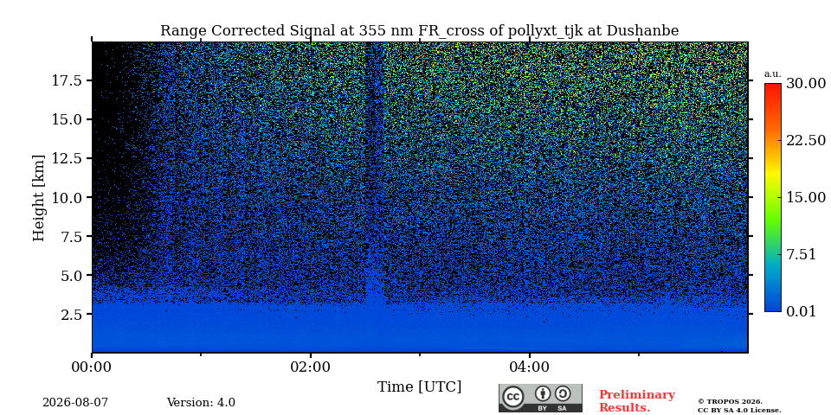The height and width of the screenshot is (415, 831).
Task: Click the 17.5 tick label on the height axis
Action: click(66, 80)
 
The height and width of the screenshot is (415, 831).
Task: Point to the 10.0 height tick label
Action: click(66, 197)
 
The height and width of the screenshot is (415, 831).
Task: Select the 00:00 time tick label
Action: click(93, 367)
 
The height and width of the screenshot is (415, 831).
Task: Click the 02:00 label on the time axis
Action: click(311, 367)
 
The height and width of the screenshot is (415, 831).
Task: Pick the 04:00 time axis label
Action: click(530, 367)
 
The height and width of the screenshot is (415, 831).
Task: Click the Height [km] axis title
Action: click(39, 198)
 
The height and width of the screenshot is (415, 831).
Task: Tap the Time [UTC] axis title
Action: click(419, 387)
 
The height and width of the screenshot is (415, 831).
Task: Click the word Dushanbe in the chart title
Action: click(642, 31)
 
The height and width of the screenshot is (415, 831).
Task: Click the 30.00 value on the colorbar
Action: click(806, 84)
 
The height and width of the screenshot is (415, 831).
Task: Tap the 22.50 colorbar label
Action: click(806, 140)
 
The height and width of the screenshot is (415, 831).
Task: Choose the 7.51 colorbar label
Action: click(801, 254)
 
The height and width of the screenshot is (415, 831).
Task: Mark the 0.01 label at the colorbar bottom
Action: click(801, 311)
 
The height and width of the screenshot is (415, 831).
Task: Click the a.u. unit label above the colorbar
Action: click(773, 74)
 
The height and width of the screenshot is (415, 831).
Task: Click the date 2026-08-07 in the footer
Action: click(75, 403)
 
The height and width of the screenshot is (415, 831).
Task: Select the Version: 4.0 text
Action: click(201, 403)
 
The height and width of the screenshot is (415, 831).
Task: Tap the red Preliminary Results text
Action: click(637, 401)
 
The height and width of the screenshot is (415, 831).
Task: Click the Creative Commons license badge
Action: click(540, 398)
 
